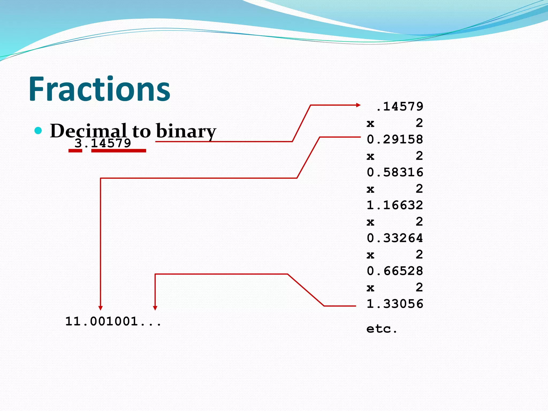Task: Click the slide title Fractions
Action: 99,89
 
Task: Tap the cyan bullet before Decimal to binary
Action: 38,131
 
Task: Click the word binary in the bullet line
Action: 186,131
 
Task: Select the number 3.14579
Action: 103,143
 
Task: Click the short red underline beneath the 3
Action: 75,151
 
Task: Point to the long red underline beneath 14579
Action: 119,151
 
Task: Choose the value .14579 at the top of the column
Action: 399,106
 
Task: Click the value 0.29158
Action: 395,139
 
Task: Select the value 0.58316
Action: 395,172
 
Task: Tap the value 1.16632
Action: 395,205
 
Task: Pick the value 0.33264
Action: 395,238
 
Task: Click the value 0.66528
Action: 395,271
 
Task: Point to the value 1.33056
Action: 395,304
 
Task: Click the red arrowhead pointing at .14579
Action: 358,105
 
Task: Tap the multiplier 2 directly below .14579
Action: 419,123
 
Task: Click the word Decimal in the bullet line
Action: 88,131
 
